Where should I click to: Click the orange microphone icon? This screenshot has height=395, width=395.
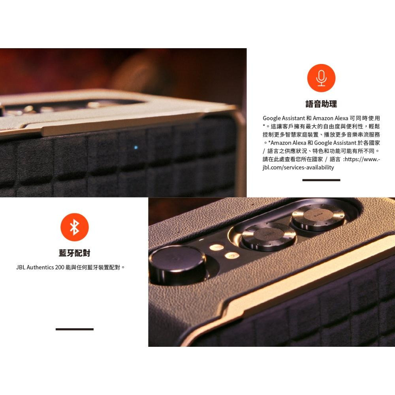click(321, 78)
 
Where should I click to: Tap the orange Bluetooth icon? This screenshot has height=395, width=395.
click(74, 227)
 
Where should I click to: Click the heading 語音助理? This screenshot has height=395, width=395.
click(321, 104)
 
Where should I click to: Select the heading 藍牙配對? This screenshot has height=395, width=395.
click(74, 253)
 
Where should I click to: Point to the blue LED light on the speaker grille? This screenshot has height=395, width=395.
click(136, 148)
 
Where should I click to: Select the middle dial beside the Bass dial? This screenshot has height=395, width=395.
click(269, 235)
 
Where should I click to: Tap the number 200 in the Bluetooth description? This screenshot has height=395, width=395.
click(60, 267)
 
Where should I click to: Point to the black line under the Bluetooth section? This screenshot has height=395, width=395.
click(74, 329)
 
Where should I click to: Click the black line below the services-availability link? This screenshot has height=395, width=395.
click(321, 180)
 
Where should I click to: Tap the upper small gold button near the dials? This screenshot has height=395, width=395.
click(216, 248)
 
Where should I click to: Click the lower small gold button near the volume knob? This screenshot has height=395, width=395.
click(232, 256)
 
